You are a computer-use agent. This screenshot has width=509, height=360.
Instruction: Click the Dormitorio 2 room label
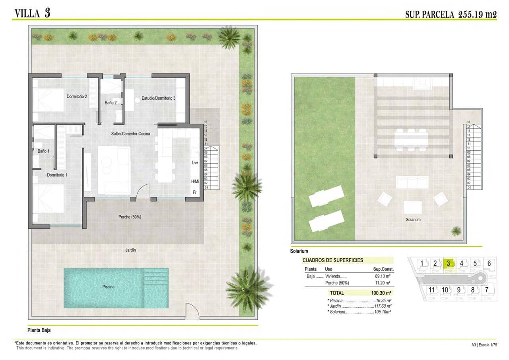[77, 96]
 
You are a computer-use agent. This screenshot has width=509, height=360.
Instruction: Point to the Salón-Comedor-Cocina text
[130, 134]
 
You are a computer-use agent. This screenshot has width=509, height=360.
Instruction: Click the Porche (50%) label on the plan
[130, 217]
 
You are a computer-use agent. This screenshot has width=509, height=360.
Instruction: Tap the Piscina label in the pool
[108, 286]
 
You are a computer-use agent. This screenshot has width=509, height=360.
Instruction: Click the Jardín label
[130, 250]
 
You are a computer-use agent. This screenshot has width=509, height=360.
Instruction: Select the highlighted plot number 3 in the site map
[448, 263]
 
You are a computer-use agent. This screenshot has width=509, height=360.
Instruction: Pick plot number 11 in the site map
[432, 290]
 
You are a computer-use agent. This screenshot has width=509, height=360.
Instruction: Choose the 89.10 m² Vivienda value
[382, 276]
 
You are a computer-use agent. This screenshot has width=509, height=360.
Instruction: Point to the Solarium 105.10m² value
[380, 312]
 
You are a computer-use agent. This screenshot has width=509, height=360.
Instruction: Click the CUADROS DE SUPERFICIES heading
[332, 260]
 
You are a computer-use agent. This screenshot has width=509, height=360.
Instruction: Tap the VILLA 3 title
[32, 13]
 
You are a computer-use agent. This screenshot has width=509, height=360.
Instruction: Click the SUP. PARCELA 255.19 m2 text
[451, 14]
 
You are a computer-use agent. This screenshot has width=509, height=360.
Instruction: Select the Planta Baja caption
[39, 330]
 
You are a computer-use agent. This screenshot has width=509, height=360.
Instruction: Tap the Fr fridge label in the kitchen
[195, 192]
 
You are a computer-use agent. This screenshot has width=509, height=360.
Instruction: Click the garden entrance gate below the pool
[192, 312]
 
